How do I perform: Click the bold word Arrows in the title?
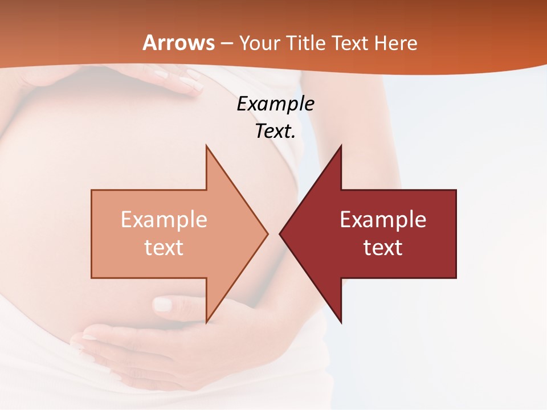tap(178, 43)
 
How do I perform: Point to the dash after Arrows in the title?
tap(227, 43)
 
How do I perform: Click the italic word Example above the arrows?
tap(275, 104)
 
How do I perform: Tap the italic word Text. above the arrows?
tap(275, 131)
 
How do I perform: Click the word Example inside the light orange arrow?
tap(164, 220)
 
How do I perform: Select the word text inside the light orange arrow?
tap(164, 248)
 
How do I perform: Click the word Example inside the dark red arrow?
tap(383, 220)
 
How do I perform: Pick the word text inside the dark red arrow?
tap(383, 248)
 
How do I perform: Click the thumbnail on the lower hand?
tap(163, 305)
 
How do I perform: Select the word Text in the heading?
tap(350, 43)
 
